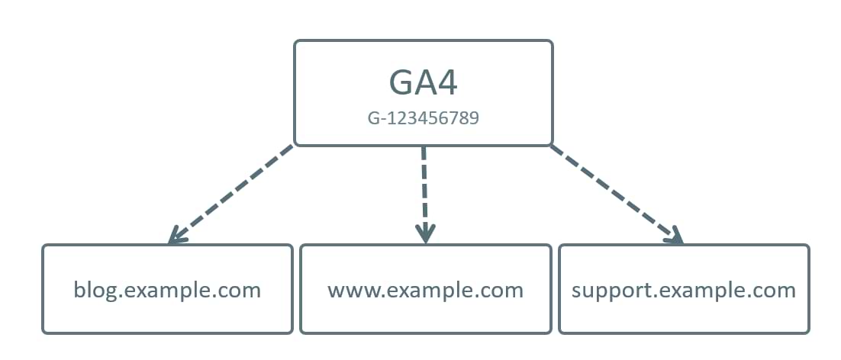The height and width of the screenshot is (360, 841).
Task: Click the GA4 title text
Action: pos(423,83)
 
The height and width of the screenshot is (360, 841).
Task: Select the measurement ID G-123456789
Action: pos(423,119)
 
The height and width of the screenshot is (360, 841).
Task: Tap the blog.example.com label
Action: pos(167,290)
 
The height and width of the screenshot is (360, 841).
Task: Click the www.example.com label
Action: pos(425,290)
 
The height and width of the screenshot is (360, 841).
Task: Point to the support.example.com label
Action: pos(683,290)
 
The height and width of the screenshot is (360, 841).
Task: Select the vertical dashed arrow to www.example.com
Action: pos(424,191)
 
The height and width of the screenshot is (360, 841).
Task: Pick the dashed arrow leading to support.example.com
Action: pos(614,192)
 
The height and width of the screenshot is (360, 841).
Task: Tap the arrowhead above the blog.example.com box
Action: pos(176,236)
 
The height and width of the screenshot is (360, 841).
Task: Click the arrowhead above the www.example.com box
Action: pos(425,233)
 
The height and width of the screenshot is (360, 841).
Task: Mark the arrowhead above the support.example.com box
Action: pos(674,236)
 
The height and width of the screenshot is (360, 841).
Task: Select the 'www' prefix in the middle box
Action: pos(348,291)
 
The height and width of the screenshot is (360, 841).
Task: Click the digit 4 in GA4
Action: pos(445,83)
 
